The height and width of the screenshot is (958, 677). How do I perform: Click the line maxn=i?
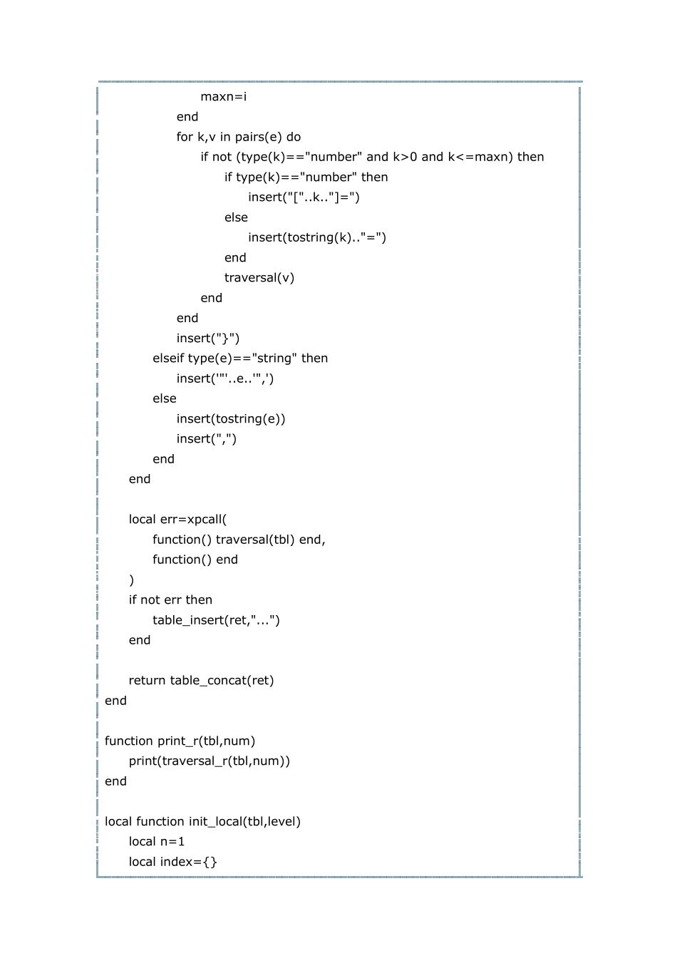(x=223, y=97)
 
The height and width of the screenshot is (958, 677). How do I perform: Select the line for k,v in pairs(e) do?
(x=239, y=137)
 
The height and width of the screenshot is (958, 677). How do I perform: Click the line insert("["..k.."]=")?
(x=304, y=197)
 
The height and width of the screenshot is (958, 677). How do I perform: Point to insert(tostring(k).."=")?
(x=317, y=237)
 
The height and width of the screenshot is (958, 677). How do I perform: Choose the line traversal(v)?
(x=259, y=278)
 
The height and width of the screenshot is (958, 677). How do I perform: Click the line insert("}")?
(x=208, y=339)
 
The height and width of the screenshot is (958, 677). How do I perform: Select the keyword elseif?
(x=169, y=359)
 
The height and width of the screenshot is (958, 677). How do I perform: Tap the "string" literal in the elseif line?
(x=275, y=359)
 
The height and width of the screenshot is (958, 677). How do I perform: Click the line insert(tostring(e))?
(x=231, y=419)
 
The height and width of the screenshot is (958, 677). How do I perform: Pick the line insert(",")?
(x=207, y=439)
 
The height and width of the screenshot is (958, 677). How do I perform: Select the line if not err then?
(x=170, y=600)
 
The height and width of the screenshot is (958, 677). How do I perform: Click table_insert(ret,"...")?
(x=216, y=620)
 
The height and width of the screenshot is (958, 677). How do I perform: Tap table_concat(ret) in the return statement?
(x=222, y=681)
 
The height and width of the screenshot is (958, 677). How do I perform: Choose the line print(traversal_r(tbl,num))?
(x=210, y=761)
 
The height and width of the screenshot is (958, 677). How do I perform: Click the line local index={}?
(x=173, y=862)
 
